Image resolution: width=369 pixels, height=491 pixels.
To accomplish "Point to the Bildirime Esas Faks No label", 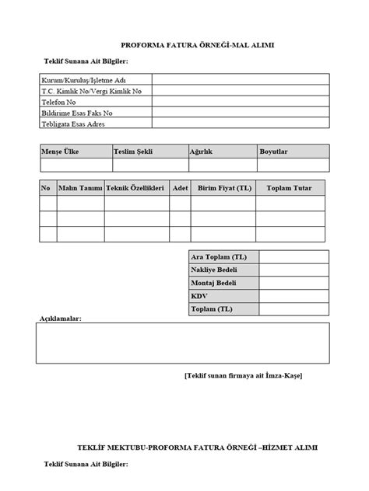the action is [x=77, y=112].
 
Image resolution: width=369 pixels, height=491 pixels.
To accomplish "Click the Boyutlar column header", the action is [x=275, y=152].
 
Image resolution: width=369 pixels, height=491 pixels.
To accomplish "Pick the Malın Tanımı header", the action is [x=80, y=189].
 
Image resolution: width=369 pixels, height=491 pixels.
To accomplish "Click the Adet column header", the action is [x=181, y=189].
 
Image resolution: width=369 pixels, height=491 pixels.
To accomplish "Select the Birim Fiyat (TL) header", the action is [x=225, y=189].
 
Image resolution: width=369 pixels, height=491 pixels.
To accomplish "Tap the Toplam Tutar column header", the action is [x=289, y=189].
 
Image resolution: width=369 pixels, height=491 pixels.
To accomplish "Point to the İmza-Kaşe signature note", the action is [x=244, y=375].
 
